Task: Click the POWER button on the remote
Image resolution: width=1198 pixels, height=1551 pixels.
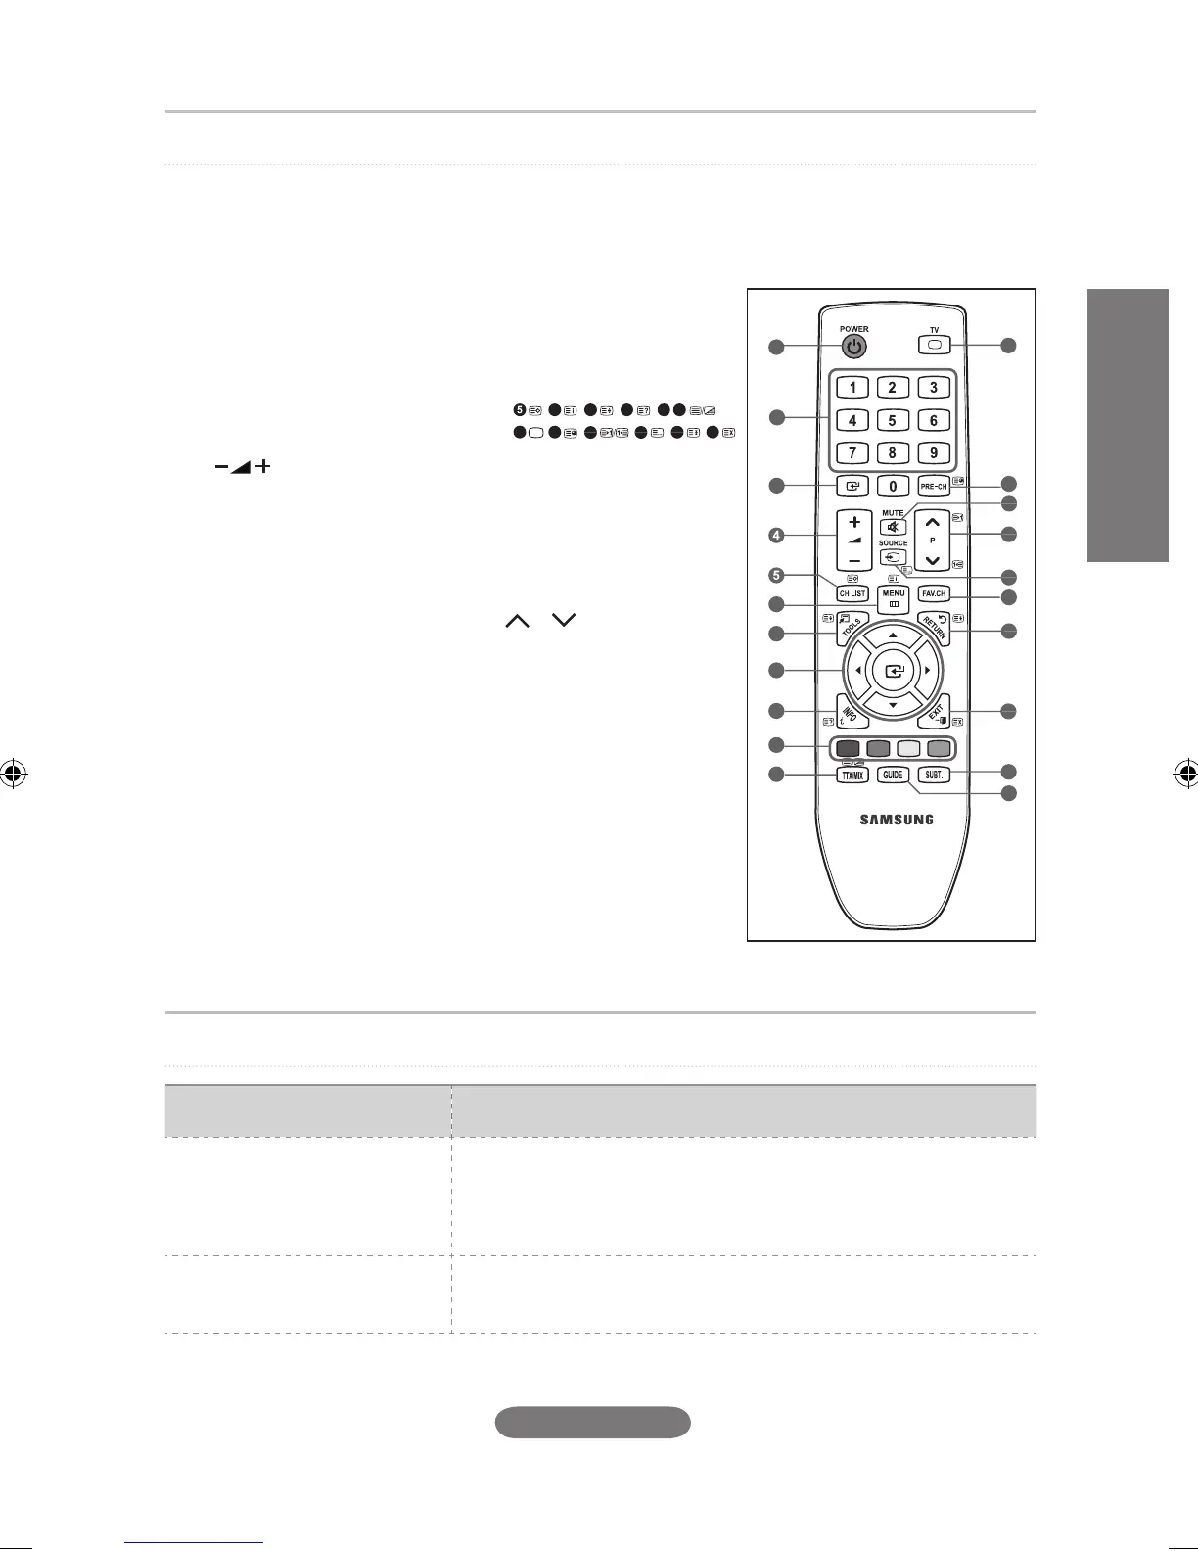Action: tap(854, 347)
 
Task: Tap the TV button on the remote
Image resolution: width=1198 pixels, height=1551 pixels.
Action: tap(934, 345)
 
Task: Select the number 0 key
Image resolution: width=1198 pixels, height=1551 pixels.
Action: tap(893, 486)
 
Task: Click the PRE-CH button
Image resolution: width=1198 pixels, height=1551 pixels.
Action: tap(934, 486)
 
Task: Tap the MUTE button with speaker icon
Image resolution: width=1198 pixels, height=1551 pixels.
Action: tap(893, 528)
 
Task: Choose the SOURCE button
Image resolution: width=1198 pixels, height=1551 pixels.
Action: tap(893, 557)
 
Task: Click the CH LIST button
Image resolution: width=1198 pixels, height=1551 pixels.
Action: tap(852, 593)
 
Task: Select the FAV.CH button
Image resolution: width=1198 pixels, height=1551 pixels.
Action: tap(934, 593)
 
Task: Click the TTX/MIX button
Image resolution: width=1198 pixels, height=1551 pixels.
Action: tap(852, 775)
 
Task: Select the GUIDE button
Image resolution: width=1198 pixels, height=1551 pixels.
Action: tap(893, 775)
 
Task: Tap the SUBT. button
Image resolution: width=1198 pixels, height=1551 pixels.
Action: tap(935, 775)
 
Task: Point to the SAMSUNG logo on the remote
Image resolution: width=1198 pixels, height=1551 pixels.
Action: tap(897, 820)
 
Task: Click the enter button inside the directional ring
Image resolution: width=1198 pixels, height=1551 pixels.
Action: tap(893, 672)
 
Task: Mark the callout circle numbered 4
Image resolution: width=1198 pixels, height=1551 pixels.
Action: tap(776, 536)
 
